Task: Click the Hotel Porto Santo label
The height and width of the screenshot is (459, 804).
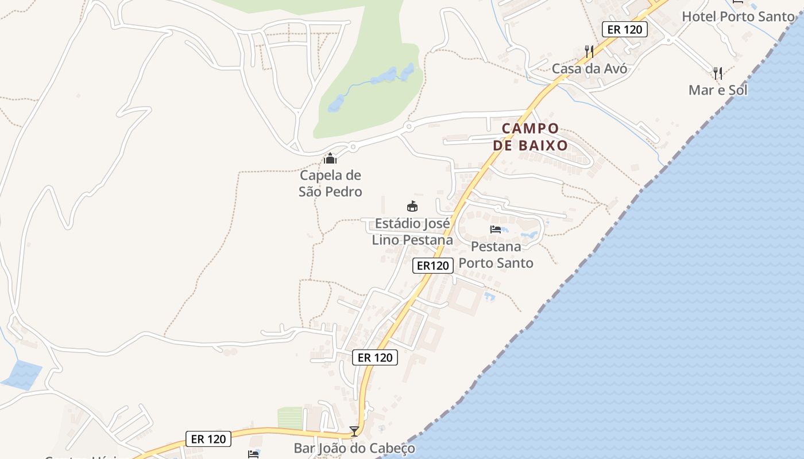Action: [x=738, y=17]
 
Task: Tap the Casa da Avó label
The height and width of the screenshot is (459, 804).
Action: [x=589, y=69]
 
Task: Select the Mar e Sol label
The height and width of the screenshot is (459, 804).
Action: [x=718, y=90]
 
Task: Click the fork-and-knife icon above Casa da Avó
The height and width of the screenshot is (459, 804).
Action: [x=589, y=52]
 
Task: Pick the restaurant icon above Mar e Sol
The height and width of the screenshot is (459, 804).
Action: [x=718, y=73]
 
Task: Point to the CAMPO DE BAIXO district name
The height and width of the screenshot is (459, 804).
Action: [x=530, y=137]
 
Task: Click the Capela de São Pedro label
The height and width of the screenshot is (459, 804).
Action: [x=330, y=183]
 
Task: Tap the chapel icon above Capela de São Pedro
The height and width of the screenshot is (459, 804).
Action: [x=330, y=158]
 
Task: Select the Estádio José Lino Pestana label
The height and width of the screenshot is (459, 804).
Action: [x=412, y=231]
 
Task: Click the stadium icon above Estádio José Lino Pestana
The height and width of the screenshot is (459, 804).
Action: [x=412, y=207]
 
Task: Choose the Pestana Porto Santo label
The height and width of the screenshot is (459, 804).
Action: [x=496, y=255]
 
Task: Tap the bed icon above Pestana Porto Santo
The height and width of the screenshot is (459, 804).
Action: [x=496, y=229]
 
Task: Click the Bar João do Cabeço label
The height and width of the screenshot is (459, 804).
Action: [x=354, y=448]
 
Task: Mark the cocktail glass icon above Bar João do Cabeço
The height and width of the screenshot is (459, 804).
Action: [x=354, y=431]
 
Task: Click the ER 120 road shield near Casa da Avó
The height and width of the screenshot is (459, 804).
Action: [x=624, y=29]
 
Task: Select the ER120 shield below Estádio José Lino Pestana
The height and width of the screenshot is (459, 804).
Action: [x=432, y=265]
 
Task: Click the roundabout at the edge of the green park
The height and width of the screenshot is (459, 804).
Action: [x=409, y=126]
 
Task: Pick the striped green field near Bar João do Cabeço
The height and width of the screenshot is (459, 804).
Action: [x=290, y=417]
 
